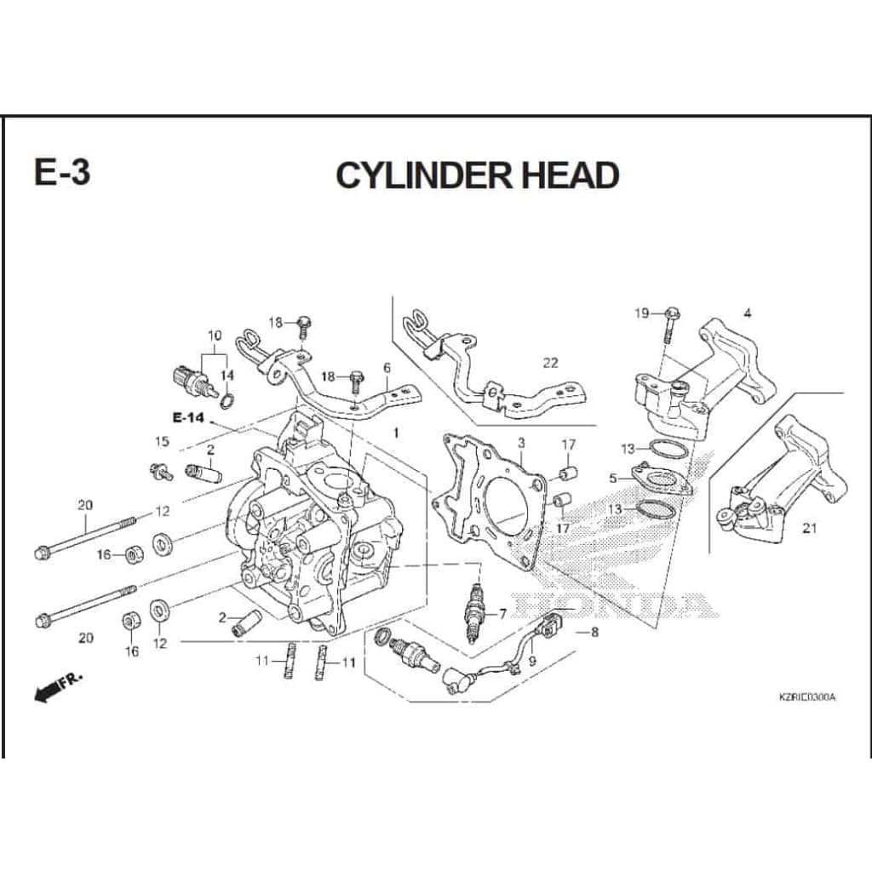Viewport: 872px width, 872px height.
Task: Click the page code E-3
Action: point(61,172)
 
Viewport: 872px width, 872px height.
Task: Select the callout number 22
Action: point(551,363)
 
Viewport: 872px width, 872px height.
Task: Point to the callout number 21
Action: point(809,528)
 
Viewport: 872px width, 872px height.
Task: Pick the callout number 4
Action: point(747,313)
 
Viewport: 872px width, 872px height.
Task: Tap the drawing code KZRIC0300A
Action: point(807,697)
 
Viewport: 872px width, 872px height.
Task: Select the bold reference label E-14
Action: point(188,417)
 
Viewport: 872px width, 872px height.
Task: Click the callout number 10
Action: point(214,336)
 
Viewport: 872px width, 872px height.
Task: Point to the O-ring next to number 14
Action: point(228,399)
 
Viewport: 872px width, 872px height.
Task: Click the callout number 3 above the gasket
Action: point(520,443)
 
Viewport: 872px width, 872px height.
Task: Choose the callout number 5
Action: point(613,479)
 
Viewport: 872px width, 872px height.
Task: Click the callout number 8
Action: point(594,632)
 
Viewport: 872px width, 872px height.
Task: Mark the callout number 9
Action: point(532,659)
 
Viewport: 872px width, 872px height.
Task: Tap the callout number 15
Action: point(162,442)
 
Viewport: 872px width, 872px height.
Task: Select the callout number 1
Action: point(395,433)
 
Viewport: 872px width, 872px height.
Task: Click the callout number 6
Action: point(387,368)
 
